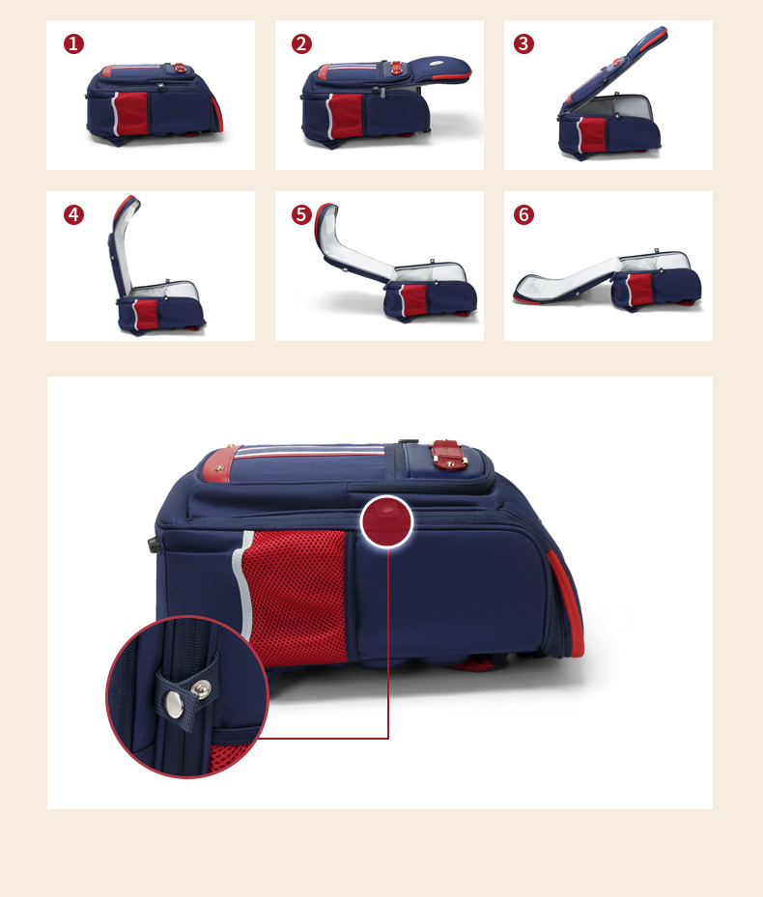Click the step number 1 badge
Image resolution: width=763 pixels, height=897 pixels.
click(x=73, y=44)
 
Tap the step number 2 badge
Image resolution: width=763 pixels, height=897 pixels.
click(x=301, y=44)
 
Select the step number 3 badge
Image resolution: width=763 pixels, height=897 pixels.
click(x=523, y=44)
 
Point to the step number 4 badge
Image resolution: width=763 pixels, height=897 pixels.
click(x=73, y=215)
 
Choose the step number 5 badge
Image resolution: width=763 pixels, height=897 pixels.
click(x=301, y=215)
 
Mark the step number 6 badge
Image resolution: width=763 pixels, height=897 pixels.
click(x=523, y=215)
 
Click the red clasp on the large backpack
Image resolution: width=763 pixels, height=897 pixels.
click(x=448, y=455)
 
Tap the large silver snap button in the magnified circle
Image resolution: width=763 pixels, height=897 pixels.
click(x=174, y=704)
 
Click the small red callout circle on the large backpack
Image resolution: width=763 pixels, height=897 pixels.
click(x=387, y=521)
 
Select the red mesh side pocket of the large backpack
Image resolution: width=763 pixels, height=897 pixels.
click(x=296, y=598)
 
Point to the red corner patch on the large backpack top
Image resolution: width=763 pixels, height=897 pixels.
click(x=219, y=463)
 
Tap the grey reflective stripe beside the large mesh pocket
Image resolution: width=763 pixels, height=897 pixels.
click(x=242, y=583)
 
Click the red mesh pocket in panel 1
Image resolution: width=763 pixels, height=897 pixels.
click(x=131, y=113)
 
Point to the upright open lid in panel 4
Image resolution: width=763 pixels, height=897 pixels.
click(x=123, y=243)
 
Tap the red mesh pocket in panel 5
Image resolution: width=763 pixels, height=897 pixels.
click(x=413, y=298)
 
